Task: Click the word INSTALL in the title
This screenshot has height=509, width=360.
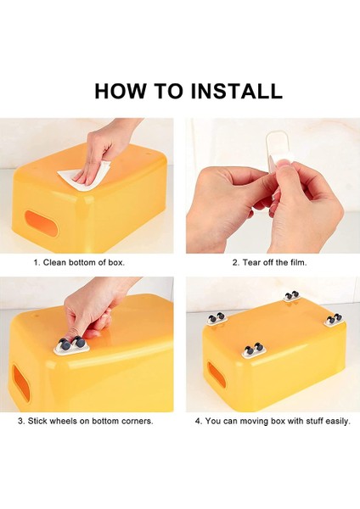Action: [236, 91]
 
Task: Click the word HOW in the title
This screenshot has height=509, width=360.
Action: [121, 91]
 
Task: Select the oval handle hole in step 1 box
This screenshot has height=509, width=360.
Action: [42, 223]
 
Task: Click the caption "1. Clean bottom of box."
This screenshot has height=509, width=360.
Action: [79, 262]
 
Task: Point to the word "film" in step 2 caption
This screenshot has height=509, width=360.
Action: [298, 262]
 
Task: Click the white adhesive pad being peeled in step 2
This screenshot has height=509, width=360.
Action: [278, 153]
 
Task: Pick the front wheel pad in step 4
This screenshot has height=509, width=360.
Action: [253, 350]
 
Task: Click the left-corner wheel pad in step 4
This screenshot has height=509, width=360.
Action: [217, 318]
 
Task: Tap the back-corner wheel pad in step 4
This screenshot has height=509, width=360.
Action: [292, 296]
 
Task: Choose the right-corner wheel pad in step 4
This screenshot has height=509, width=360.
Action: [334, 319]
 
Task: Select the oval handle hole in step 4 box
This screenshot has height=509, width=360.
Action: [217, 376]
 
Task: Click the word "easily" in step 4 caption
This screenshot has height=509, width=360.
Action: [338, 422]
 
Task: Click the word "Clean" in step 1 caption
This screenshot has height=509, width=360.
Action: [54, 262]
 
